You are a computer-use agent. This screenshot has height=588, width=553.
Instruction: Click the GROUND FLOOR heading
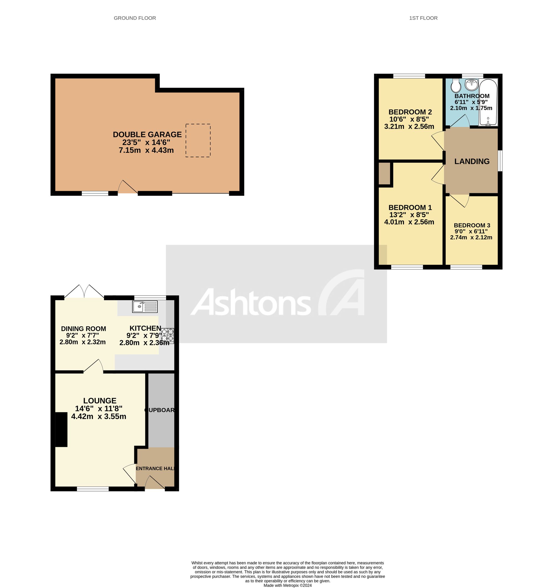pyautogui.click(x=135, y=18)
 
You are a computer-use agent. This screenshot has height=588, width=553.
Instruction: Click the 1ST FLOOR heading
pyautogui.click(x=423, y=18)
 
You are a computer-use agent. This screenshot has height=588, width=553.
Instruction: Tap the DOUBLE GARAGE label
pyautogui.click(x=147, y=135)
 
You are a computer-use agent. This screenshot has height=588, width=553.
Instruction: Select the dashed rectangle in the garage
pyautogui.click(x=198, y=140)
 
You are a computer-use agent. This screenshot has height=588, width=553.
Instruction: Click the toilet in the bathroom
pyautogui.click(x=456, y=86)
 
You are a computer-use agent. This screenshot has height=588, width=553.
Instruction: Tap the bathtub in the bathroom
pyautogui.click(x=488, y=102)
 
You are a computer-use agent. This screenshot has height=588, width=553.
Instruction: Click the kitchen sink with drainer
pyautogui.click(x=145, y=306)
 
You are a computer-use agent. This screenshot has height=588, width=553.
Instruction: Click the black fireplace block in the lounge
pyautogui.click(x=61, y=429)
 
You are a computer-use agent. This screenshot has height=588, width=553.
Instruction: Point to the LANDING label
pyautogui.click(x=472, y=161)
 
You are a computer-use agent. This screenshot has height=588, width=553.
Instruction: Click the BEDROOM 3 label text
pyautogui.click(x=472, y=225)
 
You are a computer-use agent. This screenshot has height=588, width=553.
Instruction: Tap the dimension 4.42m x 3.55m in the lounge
pyautogui.click(x=99, y=416)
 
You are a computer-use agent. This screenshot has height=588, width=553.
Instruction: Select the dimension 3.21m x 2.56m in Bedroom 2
pyautogui.click(x=409, y=127)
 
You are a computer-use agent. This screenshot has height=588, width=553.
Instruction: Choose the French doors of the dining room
pyautogui.click(x=84, y=292)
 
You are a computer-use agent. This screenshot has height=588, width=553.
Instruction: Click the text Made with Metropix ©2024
pyautogui.click(x=288, y=585)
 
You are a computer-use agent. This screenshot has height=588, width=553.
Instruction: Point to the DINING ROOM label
pyautogui.click(x=83, y=329)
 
